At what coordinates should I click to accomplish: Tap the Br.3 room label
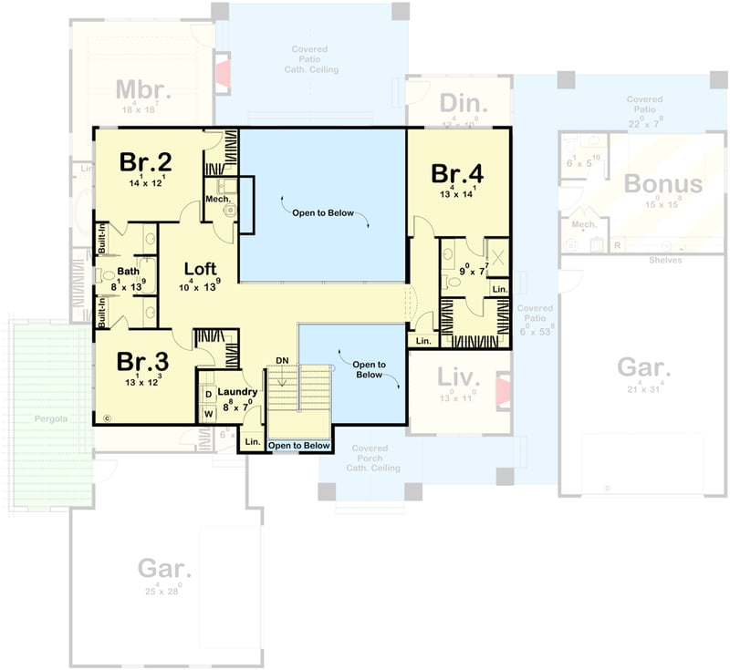[141, 360]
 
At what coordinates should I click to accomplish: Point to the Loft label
[200, 269]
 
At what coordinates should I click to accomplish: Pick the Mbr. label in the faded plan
[144, 89]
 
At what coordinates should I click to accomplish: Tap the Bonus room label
[663, 184]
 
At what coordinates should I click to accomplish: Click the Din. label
[464, 101]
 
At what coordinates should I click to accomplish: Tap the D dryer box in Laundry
[208, 394]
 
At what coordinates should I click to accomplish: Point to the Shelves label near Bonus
[666, 259]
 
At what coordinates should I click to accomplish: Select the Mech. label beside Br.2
[216, 198]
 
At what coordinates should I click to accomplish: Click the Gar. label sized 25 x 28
[165, 570]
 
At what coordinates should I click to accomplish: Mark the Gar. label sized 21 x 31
[644, 368]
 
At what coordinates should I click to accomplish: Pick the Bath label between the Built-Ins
[128, 271]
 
